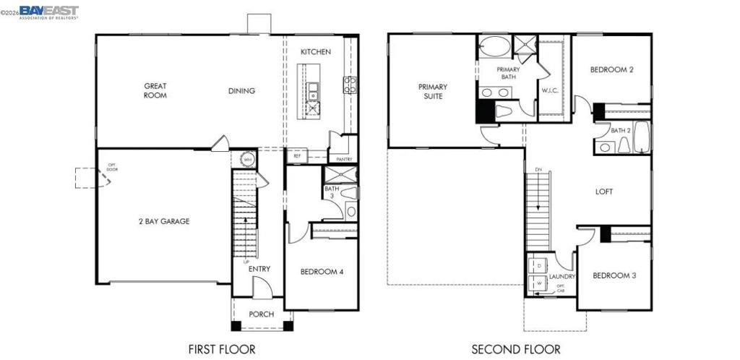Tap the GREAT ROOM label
(x=155, y=90)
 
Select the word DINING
(x=241, y=90)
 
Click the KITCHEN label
(x=316, y=51)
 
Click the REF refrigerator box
(x=297, y=155)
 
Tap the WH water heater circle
(x=246, y=160)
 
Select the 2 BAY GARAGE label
(x=163, y=221)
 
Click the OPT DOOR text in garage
(x=112, y=169)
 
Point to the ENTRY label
(x=259, y=269)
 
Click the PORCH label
(x=261, y=314)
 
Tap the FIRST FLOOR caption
(x=222, y=349)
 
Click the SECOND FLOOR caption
(x=516, y=349)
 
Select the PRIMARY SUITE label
(x=433, y=91)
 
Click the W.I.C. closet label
(x=551, y=90)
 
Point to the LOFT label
(x=604, y=192)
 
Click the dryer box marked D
(x=538, y=267)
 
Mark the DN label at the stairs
(x=538, y=169)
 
